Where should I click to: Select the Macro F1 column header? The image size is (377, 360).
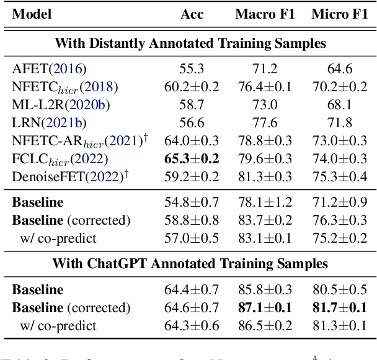(x=264, y=14)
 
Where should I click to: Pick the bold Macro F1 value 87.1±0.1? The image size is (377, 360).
(x=264, y=308)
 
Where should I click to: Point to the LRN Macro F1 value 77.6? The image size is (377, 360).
(x=264, y=123)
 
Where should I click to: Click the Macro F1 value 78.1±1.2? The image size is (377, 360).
(x=264, y=202)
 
